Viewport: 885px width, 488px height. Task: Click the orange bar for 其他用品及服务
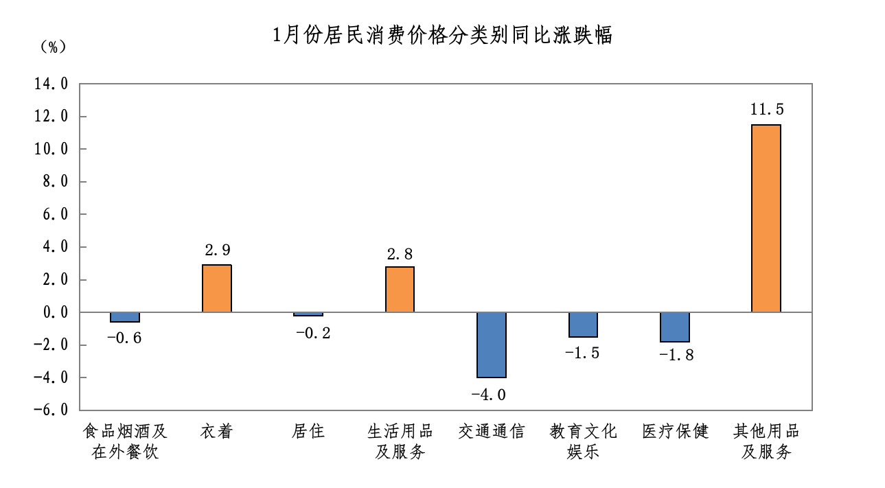(766, 218)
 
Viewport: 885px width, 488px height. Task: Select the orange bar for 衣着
(217, 288)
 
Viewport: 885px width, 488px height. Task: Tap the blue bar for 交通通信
(492, 345)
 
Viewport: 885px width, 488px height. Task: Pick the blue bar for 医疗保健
(675, 327)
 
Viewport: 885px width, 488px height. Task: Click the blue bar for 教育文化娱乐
(584, 325)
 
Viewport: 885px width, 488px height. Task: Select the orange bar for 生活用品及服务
(400, 289)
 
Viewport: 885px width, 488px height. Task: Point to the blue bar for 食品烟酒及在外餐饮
(125, 317)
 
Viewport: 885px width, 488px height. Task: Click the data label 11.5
(766, 109)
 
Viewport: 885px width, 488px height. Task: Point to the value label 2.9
(217, 250)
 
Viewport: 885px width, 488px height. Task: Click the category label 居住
(308, 431)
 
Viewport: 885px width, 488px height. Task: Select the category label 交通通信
(492, 431)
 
